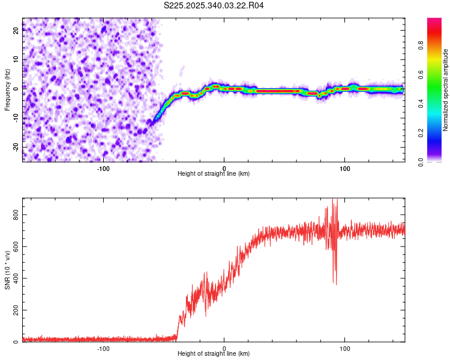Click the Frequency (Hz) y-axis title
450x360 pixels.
(7, 90)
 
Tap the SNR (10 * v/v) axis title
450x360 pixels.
(7, 271)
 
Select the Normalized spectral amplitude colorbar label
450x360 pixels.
(445, 90)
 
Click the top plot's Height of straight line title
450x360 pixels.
(214, 173)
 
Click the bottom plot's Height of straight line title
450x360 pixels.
(214, 353)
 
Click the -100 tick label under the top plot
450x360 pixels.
(103, 167)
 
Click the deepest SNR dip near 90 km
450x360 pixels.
(336, 284)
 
